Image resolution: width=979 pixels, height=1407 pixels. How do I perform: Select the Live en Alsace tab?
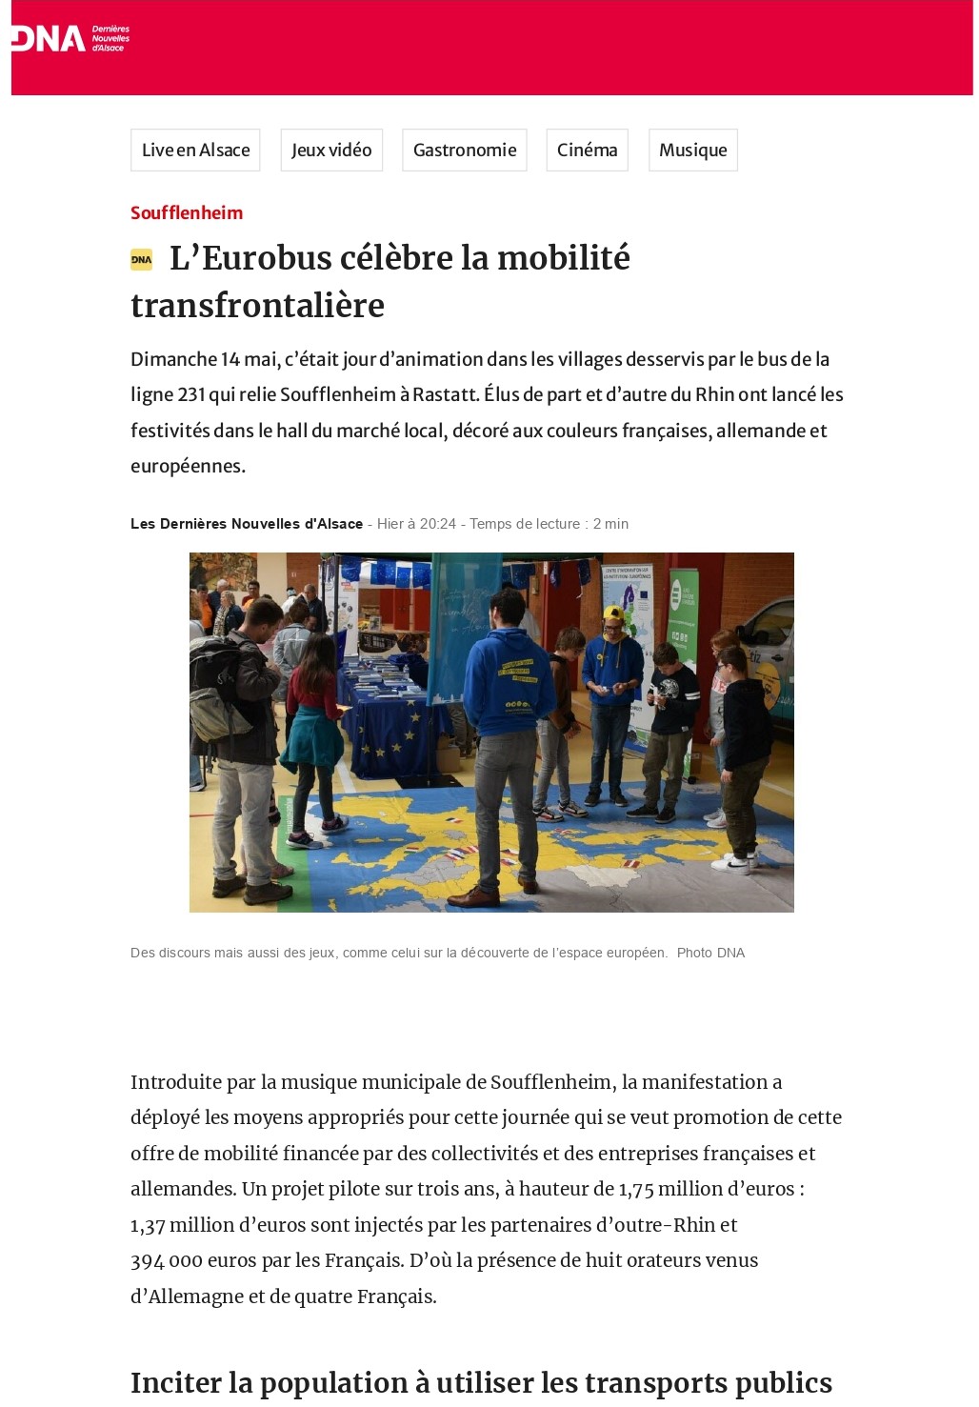tap(195, 151)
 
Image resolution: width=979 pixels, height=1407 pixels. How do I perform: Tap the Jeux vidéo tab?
tap(331, 151)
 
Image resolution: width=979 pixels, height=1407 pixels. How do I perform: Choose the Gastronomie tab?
tap(465, 151)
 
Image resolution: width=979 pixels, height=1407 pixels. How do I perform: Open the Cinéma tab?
tap(587, 151)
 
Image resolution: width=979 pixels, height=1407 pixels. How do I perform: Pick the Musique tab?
tap(692, 151)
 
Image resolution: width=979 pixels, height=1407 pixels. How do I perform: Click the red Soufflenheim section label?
tap(187, 212)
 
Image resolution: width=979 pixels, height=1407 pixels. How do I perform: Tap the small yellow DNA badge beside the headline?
tap(141, 259)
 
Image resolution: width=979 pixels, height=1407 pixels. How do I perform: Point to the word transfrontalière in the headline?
tap(257, 306)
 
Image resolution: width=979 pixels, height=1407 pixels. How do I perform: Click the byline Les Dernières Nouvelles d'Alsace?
tap(247, 524)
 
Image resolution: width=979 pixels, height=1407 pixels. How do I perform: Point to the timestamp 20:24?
tap(438, 524)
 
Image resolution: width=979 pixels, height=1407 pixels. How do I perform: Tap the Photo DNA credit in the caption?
tap(710, 953)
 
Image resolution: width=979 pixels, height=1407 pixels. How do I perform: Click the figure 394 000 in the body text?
tap(167, 1260)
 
